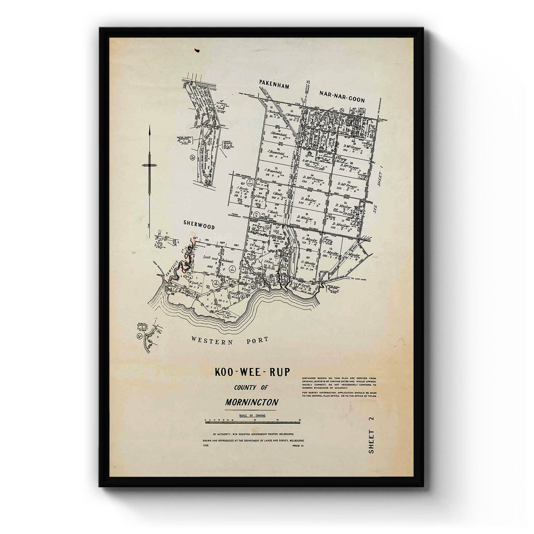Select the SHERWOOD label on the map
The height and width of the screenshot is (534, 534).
(199, 227)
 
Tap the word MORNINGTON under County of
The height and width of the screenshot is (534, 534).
(251, 402)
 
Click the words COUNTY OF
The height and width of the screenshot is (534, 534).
(251, 387)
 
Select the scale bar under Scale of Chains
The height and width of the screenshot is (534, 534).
(252, 420)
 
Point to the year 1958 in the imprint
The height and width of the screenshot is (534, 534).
(205, 445)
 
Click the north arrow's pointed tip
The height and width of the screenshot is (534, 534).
(150, 127)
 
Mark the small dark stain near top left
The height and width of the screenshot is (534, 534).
(196, 49)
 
